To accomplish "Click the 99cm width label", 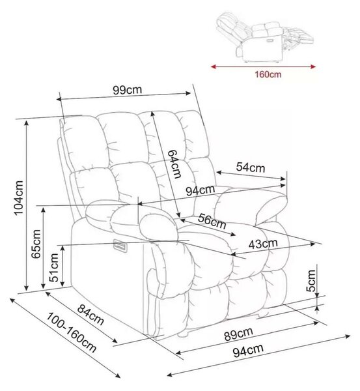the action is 128,89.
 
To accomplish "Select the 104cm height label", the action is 18,197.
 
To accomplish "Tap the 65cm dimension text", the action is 36,244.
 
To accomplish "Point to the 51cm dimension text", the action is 54,267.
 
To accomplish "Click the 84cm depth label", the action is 90,315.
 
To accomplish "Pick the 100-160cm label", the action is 72,332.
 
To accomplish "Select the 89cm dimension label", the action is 239,334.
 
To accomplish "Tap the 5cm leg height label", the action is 311,280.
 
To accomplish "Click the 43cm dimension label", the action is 263,244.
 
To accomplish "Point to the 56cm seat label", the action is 212,222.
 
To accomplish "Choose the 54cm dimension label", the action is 251,167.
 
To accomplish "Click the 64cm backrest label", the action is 174,164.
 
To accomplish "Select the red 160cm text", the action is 268,74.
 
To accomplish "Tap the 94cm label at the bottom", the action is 248,351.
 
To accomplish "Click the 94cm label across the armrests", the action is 201,190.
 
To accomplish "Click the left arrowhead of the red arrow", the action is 214,66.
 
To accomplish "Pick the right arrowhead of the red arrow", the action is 313,66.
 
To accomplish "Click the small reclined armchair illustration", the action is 265,37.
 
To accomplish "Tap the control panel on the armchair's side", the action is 119,246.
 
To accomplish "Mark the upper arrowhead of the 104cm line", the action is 27,123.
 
